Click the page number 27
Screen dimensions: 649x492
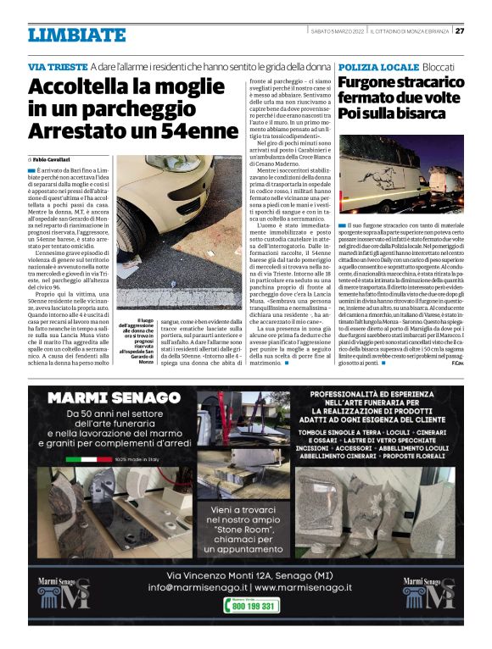(x=459, y=31)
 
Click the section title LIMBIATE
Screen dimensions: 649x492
(x=76, y=35)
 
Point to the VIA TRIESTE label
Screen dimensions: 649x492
(x=58, y=66)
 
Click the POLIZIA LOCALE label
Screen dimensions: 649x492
(x=377, y=66)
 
